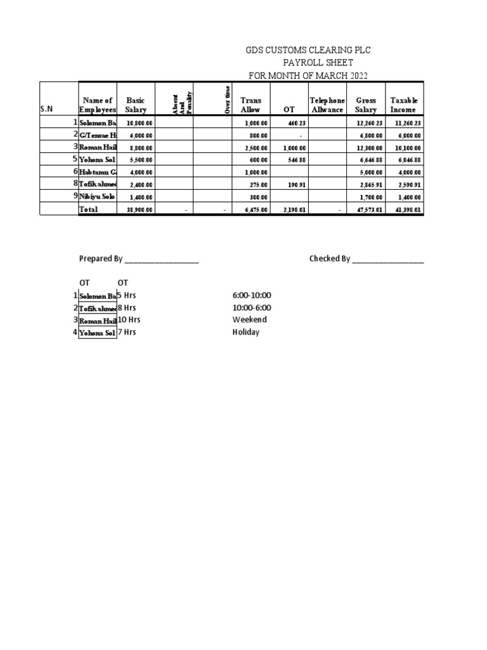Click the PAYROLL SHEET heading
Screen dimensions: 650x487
tap(318, 63)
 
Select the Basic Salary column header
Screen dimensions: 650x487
tap(136, 105)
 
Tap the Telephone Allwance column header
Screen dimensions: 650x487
tap(327, 105)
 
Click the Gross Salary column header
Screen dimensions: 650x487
tap(366, 105)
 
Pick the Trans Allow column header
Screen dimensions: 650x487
tap(250, 105)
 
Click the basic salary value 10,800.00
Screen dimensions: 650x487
tap(140, 123)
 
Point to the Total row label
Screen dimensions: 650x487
tap(88, 209)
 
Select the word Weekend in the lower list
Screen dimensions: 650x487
tap(249, 319)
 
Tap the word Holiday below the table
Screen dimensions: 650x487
tap(246, 332)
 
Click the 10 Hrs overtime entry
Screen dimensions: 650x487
tap(129, 319)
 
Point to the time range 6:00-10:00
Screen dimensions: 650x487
tap(252, 295)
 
